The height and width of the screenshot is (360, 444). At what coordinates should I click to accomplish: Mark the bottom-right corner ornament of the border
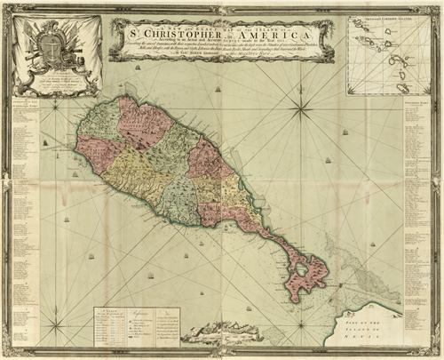(435, 351)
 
